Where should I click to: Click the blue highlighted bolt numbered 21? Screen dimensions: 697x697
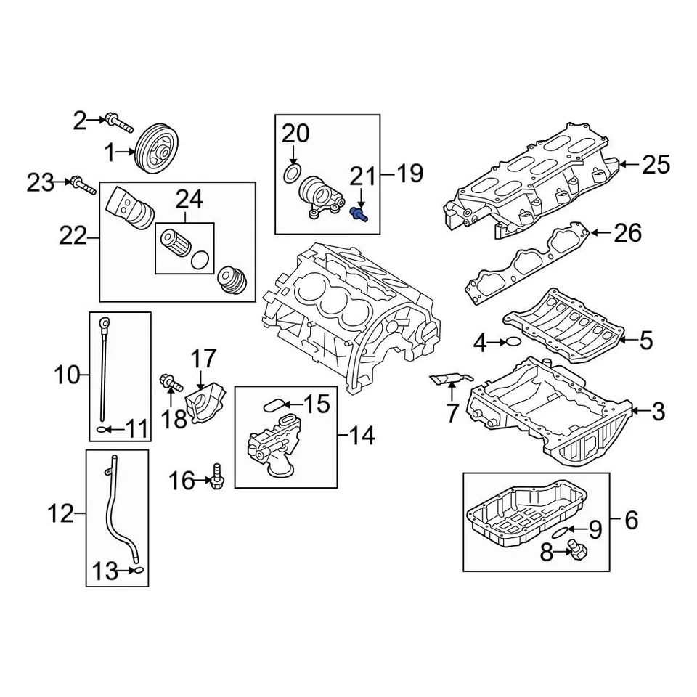pos(359,213)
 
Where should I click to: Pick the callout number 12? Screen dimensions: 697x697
pos(62,514)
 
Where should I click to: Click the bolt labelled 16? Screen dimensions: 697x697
pos(217,478)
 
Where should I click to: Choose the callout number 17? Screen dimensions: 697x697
pos(204,358)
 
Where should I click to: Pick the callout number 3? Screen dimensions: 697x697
pos(658,412)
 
